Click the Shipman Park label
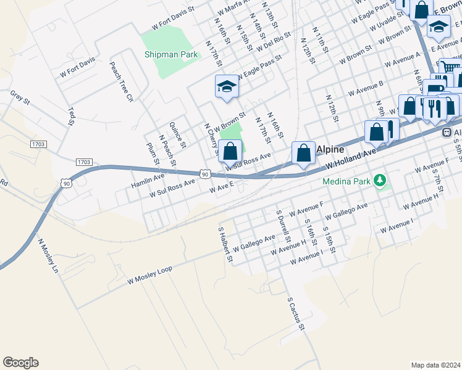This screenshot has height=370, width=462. pos(171,54)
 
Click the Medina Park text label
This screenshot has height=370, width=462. pos(348,181)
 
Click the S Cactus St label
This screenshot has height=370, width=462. pos(296,314)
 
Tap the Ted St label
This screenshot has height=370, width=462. pos(71,115)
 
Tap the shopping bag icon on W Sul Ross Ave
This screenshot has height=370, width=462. pos(230,151)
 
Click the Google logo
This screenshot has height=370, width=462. pos(20,363)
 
